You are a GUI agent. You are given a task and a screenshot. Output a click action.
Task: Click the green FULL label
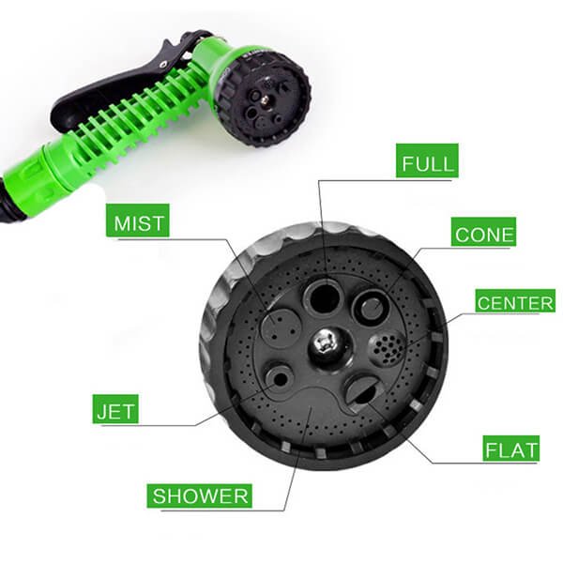[x=427, y=160]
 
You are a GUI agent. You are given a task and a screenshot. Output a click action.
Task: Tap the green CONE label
[x=483, y=232]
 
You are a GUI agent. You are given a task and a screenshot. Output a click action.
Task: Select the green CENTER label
[x=515, y=300]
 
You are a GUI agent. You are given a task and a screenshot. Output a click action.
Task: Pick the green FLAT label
[x=511, y=449]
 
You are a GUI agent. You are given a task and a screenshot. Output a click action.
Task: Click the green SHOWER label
[x=199, y=495]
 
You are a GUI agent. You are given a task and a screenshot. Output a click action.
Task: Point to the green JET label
[x=115, y=409]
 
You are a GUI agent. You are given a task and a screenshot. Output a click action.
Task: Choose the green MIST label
[x=138, y=221]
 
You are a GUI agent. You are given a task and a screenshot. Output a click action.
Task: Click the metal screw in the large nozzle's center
[x=326, y=343]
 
